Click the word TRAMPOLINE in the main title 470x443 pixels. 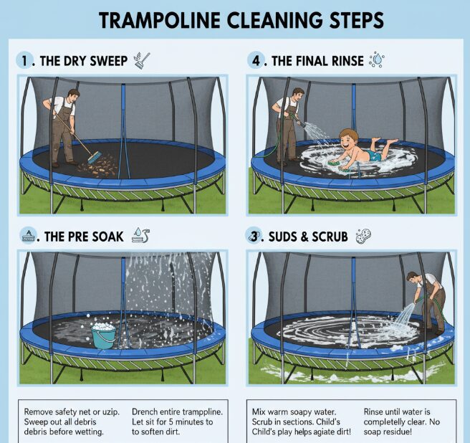coord(160,20)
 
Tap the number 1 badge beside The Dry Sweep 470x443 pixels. coord(24,61)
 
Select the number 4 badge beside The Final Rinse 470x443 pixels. coord(255,61)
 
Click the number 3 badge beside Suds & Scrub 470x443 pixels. coord(254,237)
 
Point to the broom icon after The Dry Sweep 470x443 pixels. coord(142,60)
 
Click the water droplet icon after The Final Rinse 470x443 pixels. coord(377,60)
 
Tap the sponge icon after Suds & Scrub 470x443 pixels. coord(363,236)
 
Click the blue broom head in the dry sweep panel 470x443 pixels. coord(95,158)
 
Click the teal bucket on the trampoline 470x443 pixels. coord(103,336)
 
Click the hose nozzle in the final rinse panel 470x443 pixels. coord(302,123)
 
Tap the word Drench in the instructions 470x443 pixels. coord(143,411)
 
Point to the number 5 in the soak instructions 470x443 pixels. coord(171,422)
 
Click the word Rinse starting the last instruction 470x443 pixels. coord(373,411)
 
